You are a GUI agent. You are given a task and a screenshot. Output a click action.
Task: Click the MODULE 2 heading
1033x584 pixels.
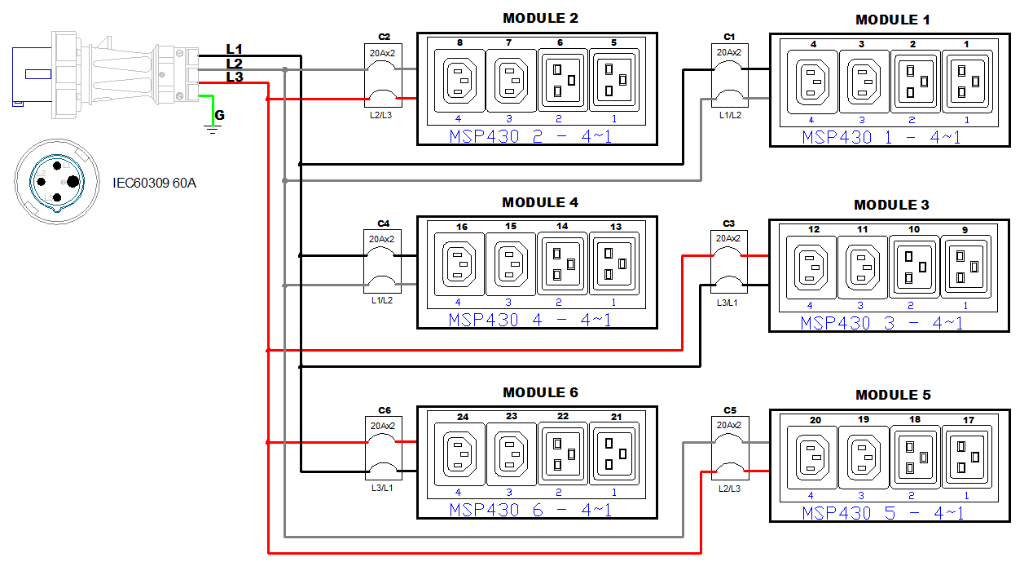point(540,18)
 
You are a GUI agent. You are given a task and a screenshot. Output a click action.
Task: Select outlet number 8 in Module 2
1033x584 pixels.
point(459,81)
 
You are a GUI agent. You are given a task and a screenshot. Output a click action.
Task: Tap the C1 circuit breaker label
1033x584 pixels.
point(729,37)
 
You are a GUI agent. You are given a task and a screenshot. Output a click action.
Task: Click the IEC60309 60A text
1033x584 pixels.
point(154,183)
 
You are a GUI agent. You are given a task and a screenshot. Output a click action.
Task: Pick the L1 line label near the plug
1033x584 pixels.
point(234,50)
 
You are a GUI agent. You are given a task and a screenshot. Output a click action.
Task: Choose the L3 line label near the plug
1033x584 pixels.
point(234,77)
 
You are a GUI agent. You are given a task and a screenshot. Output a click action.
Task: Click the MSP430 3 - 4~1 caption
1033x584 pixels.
point(881,323)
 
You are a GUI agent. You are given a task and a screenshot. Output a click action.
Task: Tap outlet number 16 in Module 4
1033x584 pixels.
point(459,263)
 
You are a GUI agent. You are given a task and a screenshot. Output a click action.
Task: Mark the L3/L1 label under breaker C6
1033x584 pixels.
point(381,488)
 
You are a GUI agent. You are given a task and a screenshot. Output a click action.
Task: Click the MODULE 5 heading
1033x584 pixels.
point(893,395)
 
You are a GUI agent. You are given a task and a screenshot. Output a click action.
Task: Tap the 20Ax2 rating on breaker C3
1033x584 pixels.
point(728,238)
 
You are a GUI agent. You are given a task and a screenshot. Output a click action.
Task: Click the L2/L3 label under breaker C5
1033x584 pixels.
point(729,487)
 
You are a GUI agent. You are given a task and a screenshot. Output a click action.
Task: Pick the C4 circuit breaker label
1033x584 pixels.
point(384,223)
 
